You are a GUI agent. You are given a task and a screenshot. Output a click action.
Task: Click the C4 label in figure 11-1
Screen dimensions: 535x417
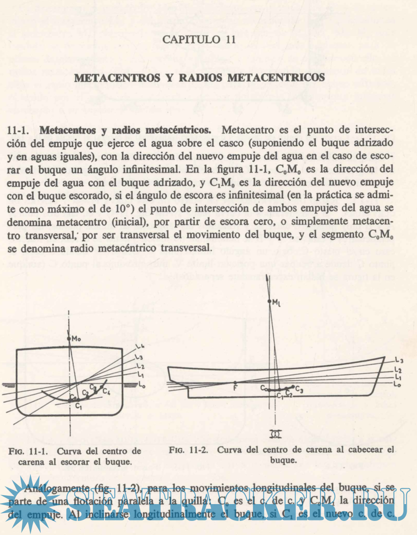107,390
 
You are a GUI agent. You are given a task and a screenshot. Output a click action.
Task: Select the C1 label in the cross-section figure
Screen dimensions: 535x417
78,407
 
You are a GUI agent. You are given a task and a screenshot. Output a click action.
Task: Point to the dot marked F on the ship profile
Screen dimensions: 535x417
235,383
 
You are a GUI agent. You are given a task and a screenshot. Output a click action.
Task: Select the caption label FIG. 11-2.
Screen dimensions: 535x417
191,449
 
